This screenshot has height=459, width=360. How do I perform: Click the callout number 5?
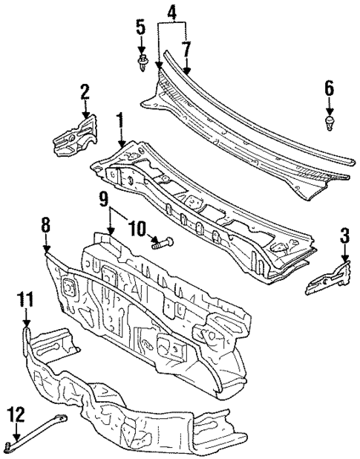[x=141, y=30]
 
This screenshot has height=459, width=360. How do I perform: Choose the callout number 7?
[x=186, y=49]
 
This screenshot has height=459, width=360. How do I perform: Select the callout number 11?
[x=26, y=299]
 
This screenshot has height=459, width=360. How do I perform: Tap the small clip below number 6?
[x=330, y=119]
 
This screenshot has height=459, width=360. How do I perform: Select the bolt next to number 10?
[x=163, y=241]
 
